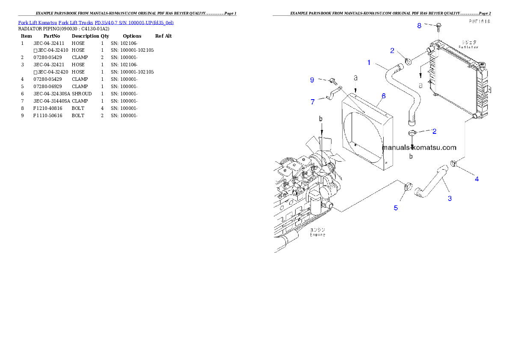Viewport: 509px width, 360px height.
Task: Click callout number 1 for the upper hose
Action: tap(369, 62)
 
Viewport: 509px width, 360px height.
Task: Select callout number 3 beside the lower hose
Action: tap(450, 198)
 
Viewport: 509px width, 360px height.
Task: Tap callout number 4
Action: tap(477, 179)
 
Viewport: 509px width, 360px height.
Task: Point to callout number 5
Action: tap(396, 208)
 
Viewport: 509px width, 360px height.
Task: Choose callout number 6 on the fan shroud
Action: tap(383, 96)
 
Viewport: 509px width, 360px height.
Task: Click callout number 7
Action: tap(313, 102)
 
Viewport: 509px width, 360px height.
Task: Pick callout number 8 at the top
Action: tap(419, 26)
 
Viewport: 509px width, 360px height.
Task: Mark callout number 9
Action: tap(312, 80)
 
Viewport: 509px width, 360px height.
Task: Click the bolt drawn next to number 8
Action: tap(438, 27)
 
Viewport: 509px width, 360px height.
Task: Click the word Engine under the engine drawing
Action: tap(318, 235)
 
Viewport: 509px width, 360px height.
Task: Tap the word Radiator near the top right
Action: tap(469, 47)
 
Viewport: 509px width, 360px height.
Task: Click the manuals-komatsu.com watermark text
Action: tap(419, 148)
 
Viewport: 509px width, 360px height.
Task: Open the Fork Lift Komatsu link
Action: tap(38, 22)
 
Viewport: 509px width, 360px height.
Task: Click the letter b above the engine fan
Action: tap(321, 118)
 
